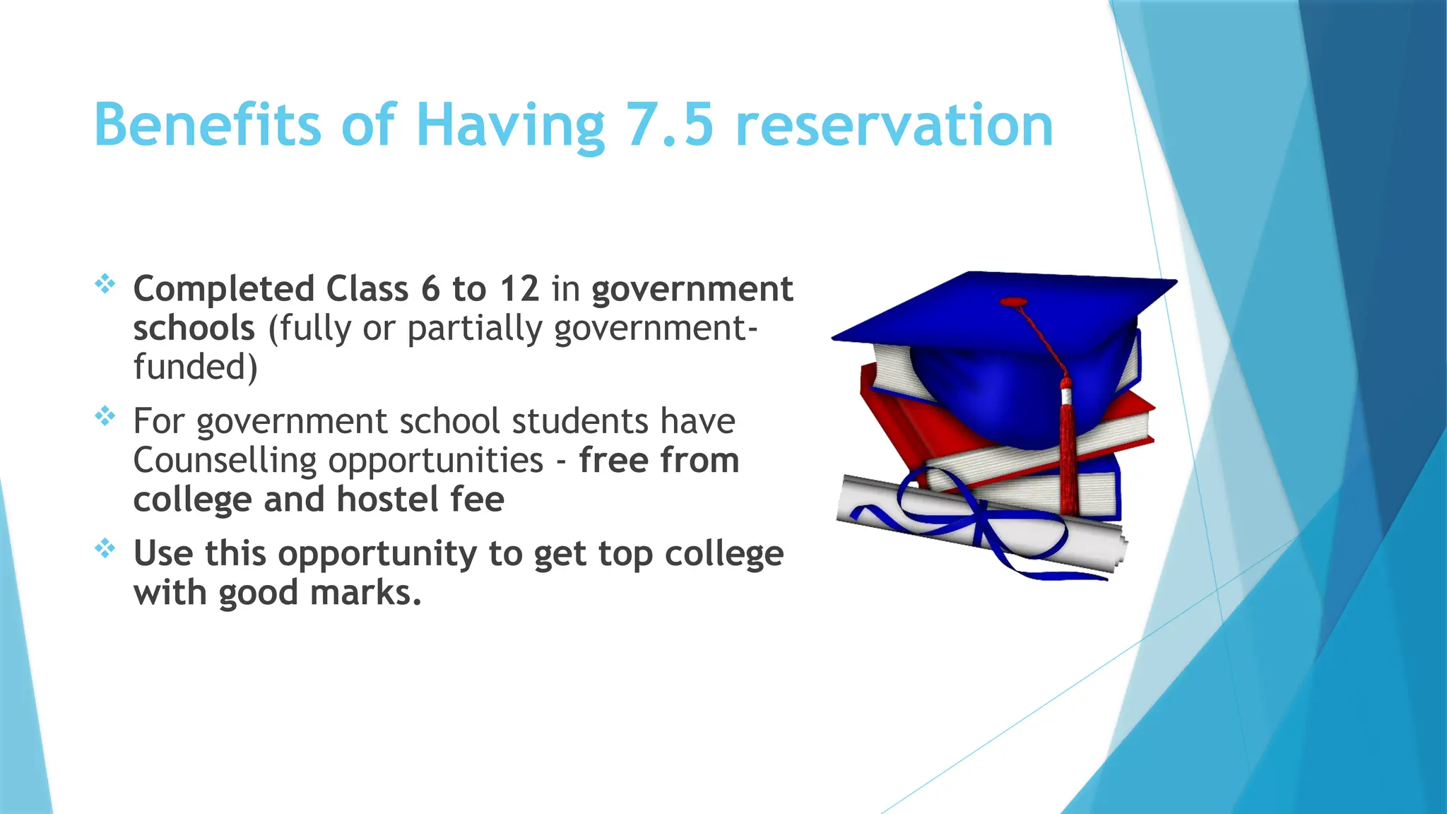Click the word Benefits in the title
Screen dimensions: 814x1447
tap(207, 125)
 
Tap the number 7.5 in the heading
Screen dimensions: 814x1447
tap(669, 125)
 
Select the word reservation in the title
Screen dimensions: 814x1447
tap(894, 125)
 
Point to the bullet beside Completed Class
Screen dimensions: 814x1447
tap(105, 284)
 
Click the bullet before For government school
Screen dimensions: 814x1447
tap(105, 416)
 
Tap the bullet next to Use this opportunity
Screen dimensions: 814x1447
tap(105, 548)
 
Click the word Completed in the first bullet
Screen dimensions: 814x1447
tap(224, 290)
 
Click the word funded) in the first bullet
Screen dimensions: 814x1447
tap(195, 367)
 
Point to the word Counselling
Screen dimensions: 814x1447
tap(225, 461)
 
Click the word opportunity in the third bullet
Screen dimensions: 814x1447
tap(377, 555)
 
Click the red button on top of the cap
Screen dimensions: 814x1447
tap(1014, 302)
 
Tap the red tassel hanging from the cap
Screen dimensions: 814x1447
tap(1067, 452)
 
